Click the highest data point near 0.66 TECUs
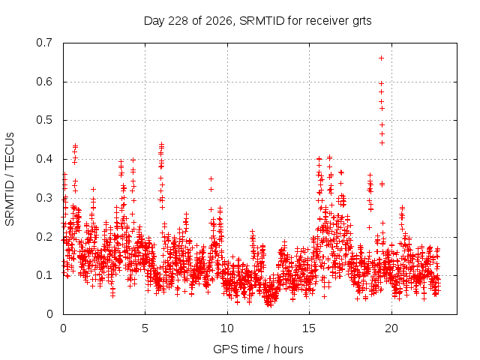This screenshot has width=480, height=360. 381,58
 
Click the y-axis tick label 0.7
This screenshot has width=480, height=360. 44,43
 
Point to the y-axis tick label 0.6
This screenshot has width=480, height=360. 44,82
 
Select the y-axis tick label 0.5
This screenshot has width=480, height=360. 44,120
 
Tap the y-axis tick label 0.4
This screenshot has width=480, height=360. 44,159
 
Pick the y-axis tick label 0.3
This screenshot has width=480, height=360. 44,198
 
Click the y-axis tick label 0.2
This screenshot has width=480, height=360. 44,237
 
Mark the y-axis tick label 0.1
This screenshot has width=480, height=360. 44,275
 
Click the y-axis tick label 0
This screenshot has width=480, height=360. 49,314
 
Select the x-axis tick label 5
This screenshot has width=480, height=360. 145,328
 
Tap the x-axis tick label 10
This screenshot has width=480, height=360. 227,328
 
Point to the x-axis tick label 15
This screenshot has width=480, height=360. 309,328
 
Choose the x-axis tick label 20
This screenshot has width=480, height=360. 391,328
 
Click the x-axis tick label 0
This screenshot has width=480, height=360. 63,328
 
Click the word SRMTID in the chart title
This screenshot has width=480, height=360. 262,21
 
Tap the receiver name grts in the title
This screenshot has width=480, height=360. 361,22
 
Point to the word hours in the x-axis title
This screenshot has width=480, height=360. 288,349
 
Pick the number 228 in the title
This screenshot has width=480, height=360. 178,21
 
